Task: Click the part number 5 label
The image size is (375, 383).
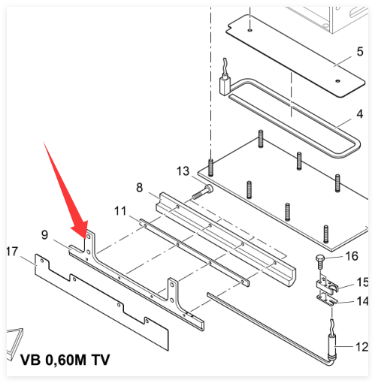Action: click(x=360, y=52)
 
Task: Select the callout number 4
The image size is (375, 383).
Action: click(x=360, y=114)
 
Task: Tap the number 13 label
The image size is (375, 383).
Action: click(x=183, y=171)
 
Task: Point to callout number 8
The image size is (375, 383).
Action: click(x=140, y=188)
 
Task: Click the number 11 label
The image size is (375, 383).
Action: click(x=120, y=211)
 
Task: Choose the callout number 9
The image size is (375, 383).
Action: click(x=44, y=235)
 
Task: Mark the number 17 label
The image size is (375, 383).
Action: click(x=13, y=252)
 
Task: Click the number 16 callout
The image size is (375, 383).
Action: click(x=352, y=256)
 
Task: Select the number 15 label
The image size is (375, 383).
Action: click(x=362, y=282)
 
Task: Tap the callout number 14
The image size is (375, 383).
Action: click(x=362, y=301)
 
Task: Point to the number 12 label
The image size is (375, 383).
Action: click(x=361, y=347)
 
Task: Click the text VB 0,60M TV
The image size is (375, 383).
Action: click(x=65, y=360)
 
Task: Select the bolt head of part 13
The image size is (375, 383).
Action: click(x=209, y=188)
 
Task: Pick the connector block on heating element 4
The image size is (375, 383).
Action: click(x=225, y=86)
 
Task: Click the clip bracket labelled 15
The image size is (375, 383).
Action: click(x=327, y=286)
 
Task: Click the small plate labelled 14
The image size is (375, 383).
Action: click(x=327, y=300)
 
